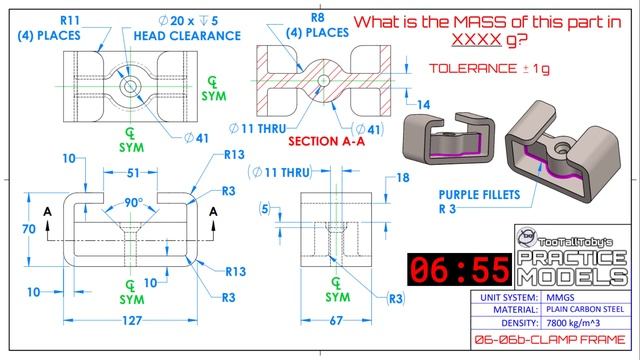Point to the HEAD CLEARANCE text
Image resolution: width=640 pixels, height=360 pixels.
click(181, 35)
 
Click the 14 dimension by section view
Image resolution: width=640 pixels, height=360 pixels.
click(424, 104)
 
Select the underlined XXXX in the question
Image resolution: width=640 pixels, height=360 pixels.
click(477, 42)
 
